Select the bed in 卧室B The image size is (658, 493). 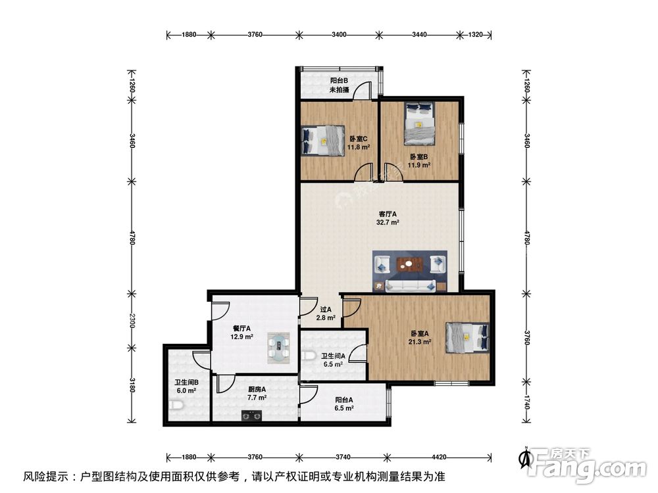click(419, 123)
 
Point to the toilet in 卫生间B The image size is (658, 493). click(176, 406)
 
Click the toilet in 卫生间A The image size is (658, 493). click(311, 356)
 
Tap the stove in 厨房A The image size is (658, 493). click(251, 415)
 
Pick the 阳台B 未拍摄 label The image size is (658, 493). click(339, 85)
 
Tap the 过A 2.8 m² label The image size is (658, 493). click(326, 314)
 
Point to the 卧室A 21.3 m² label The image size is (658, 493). click(418, 338)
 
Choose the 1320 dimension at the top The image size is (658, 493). click(476, 35)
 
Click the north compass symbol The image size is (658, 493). click(525, 458)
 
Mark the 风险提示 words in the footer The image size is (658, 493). click(45, 477)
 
